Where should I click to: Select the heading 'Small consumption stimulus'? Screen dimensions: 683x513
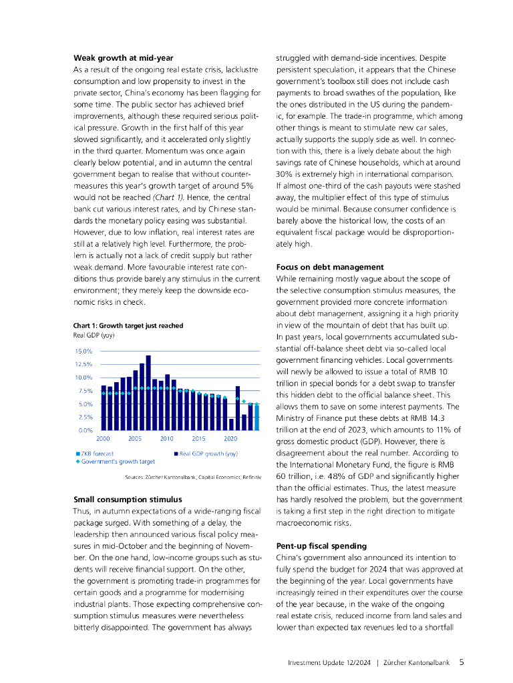127,499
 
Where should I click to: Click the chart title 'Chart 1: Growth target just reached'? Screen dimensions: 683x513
128,325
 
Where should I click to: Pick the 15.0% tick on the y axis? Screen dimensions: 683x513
83,351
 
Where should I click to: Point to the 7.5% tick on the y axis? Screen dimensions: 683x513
84,391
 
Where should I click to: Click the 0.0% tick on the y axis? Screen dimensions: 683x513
84,430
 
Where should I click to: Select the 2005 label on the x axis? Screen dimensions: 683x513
135,439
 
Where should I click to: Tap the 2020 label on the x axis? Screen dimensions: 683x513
230,439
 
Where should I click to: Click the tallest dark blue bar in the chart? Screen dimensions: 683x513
148,392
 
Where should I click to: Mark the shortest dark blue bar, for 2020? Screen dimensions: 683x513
231,424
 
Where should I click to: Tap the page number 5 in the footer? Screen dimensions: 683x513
462,662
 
